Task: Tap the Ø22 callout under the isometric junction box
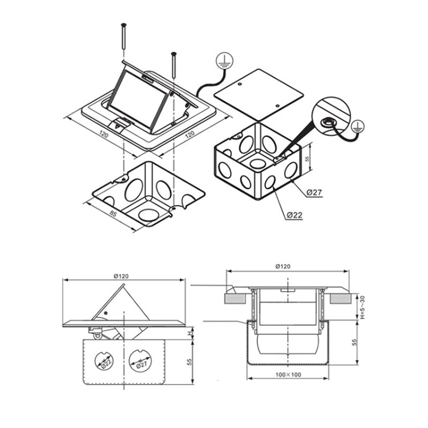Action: coord(294,215)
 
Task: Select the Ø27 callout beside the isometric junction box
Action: coord(314,192)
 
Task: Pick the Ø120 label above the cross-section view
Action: coord(283,266)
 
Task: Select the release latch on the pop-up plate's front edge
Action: coord(120,124)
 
